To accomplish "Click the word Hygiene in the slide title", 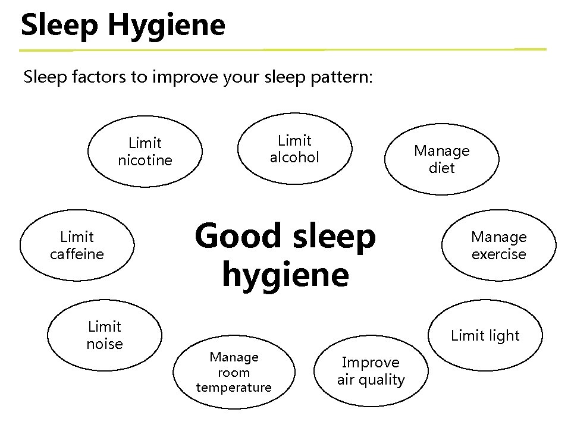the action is pyautogui.click(x=168, y=26).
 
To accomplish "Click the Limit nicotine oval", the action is pyautogui.click(x=145, y=152).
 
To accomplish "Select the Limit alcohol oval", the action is pyautogui.click(x=295, y=149).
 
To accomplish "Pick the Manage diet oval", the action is pyautogui.click(x=441, y=159).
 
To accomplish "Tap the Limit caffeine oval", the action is pyautogui.click(x=77, y=246).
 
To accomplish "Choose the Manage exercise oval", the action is pyautogui.click(x=498, y=246).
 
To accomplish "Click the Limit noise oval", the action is pyautogui.click(x=105, y=335).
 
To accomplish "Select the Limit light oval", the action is pyautogui.click(x=485, y=335).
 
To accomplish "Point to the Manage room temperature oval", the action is pyautogui.click(x=234, y=372).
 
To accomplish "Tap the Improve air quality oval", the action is pyautogui.click(x=371, y=371).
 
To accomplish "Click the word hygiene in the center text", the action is pyautogui.click(x=285, y=275).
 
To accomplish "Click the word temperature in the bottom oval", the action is pyautogui.click(x=234, y=388).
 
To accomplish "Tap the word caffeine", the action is pyautogui.click(x=77, y=254).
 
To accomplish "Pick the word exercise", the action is pyautogui.click(x=498, y=254).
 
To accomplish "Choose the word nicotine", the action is pyautogui.click(x=145, y=160).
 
